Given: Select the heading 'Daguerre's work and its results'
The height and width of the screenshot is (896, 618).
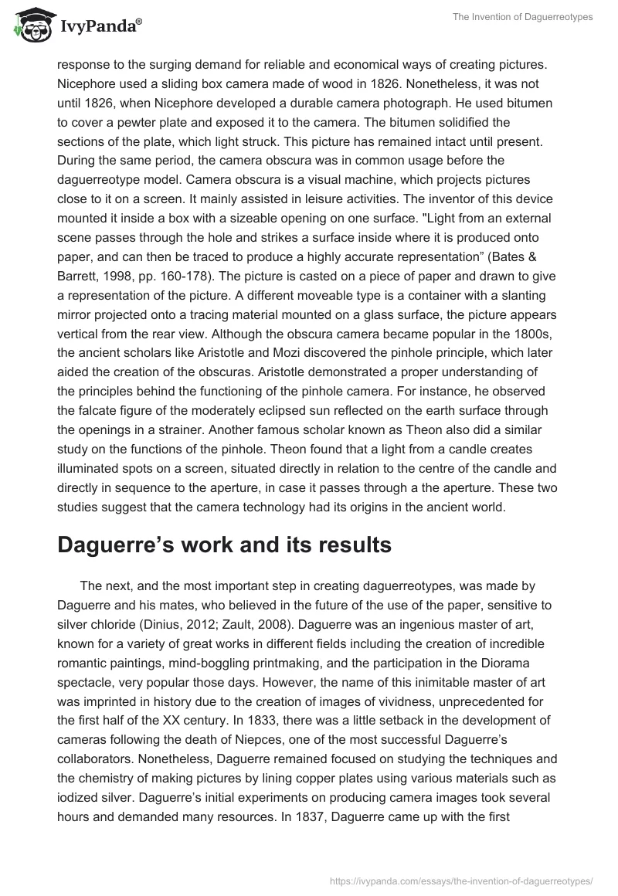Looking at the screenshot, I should point(224,545).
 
